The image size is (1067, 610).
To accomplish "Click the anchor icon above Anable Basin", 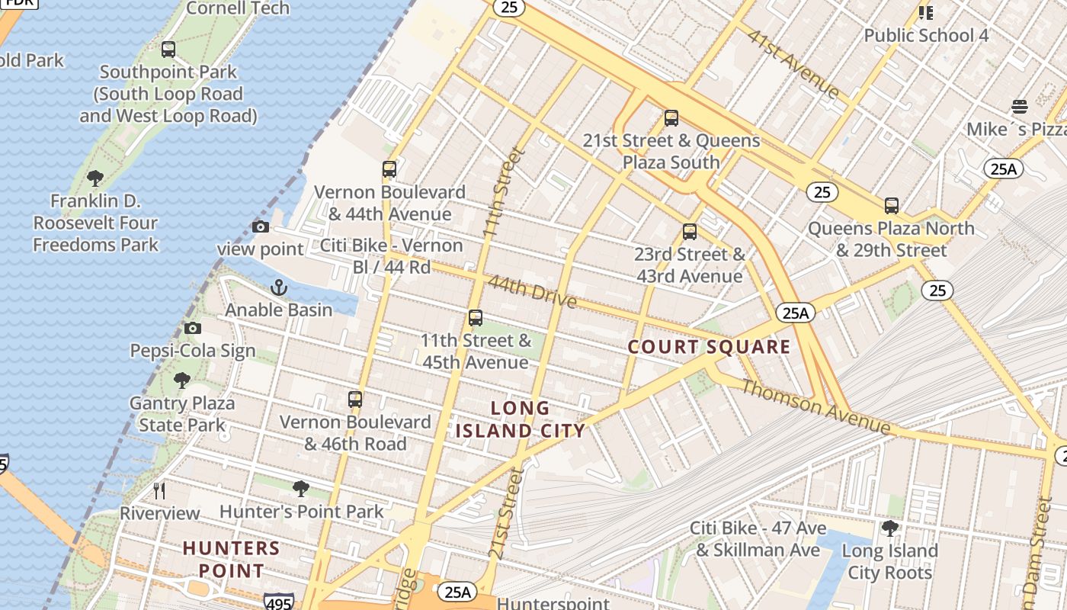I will tap(279, 287).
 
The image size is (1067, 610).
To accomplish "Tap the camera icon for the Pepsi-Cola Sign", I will tap(193, 328).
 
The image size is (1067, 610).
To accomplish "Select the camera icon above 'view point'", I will tap(261, 226).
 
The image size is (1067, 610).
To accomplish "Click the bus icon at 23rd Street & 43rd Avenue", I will tap(690, 232).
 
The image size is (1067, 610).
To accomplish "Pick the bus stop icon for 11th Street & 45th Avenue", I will tap(476, 318).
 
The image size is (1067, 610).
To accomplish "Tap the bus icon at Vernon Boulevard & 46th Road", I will tap(355, 399).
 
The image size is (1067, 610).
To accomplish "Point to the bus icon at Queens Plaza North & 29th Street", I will tap(892, 205).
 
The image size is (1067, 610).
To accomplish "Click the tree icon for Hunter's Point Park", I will tap(301, 488).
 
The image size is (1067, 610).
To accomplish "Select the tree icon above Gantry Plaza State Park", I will tap(182, 380).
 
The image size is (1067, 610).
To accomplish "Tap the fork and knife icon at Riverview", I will tap(159, 490).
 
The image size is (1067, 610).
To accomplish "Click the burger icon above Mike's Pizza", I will tap(1020, 106).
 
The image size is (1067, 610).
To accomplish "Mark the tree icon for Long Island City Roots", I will tap(889, 528).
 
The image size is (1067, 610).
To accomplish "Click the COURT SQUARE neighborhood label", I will tap(709, 348).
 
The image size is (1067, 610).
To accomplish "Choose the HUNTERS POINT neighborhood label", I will tap(232, 559).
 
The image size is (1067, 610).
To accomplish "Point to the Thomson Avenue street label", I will tap(815, 407).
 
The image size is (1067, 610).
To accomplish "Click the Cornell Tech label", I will tap(238, 8).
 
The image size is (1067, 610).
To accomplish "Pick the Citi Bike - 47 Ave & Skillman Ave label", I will tap(758, 539).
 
